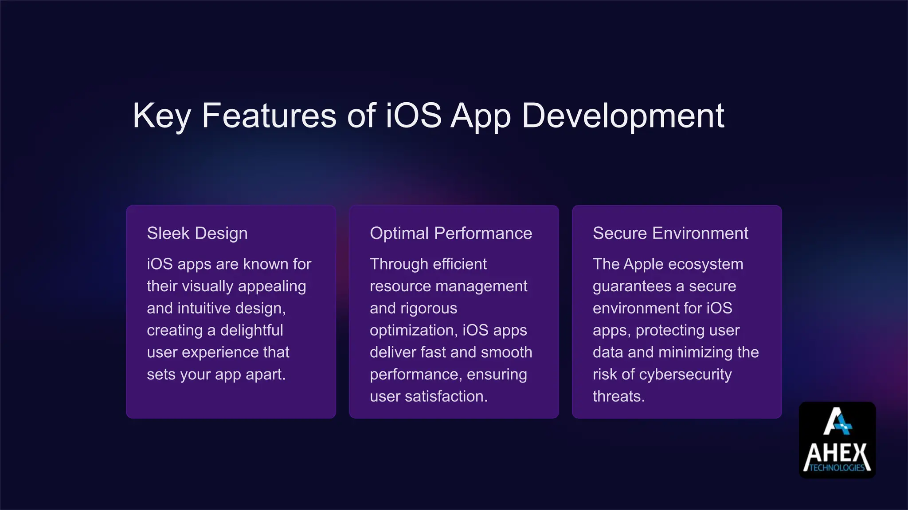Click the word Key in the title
click(161, 116)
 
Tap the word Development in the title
click(623, 116)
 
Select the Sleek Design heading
click(197, 233)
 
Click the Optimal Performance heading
click(451, 233)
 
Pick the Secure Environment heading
click(670, 233)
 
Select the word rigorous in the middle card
click(429, 308)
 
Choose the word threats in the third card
click(618, 396)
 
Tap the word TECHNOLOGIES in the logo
click(837, 468)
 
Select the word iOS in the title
click(413, 116)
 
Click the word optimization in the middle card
click(414, 330)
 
